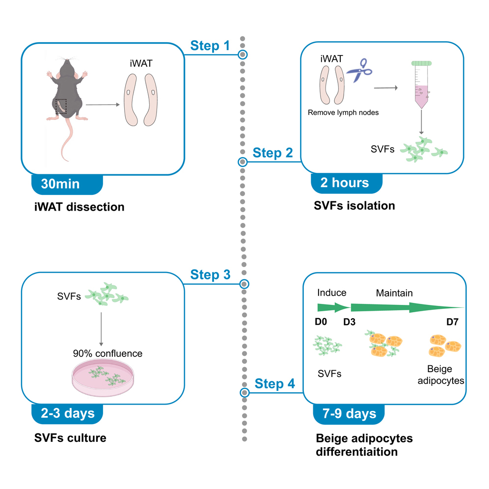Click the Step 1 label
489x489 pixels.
pyautogui.click(x=210, y=46)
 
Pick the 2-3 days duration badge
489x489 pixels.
pyautogui.click(x=67, y=413)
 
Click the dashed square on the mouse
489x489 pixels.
pyautogui.click(x=61, y=107)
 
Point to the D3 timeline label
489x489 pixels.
pyautogui.click(x=350, y=323)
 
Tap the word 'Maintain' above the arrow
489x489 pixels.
pyautogui.click(x=394, y=293)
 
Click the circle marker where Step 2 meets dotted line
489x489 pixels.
pyautogui.click(x=242, y=162)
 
